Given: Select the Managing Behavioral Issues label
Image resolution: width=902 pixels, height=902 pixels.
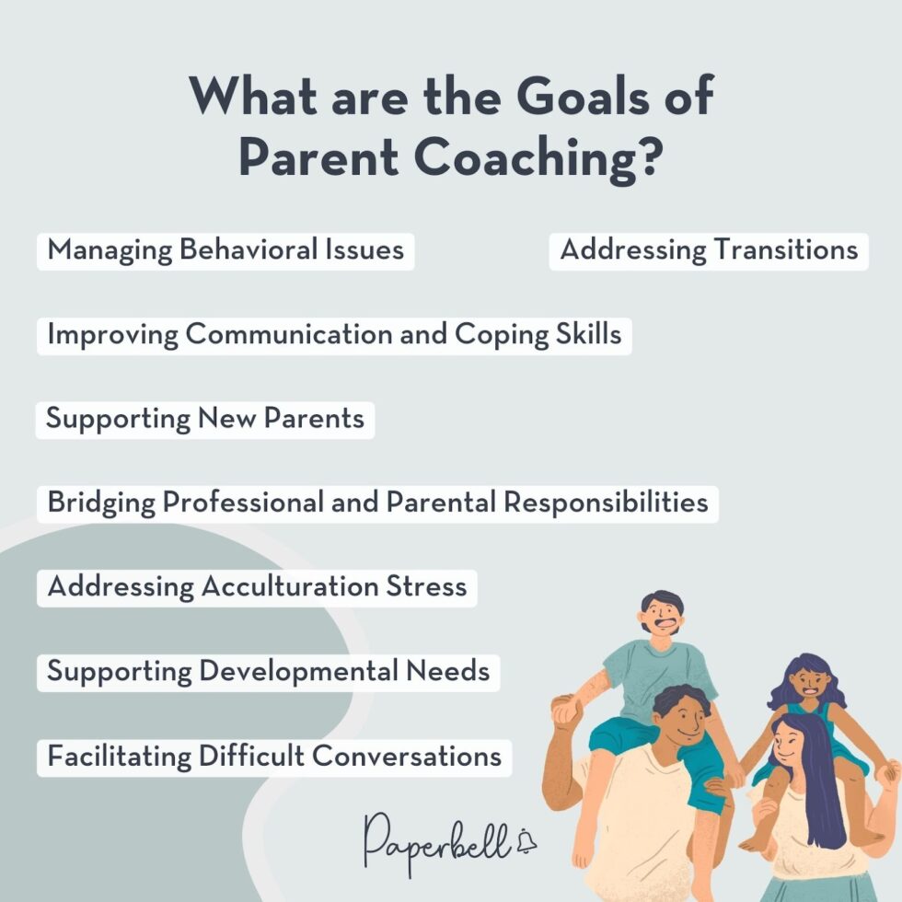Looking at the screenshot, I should pos(225,250).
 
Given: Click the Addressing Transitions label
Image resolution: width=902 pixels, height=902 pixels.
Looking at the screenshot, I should pos(709,250).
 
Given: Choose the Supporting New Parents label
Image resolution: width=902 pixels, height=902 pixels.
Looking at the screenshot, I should pos(205,420).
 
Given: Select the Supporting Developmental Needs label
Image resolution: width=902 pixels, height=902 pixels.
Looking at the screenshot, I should pos(268,672).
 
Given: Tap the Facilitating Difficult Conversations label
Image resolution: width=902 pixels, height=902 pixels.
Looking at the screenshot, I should pos(274,757).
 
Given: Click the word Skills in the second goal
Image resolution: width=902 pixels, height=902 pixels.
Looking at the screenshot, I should pos(588,335).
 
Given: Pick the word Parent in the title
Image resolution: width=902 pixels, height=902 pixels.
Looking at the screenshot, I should pos(318,158).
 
